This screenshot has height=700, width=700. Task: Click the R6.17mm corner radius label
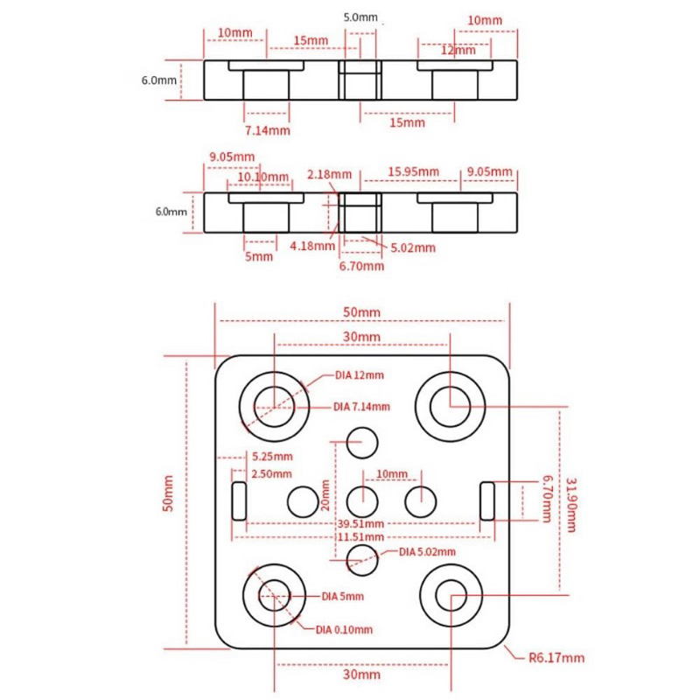[556, 658]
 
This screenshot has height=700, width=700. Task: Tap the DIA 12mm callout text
[360, 375]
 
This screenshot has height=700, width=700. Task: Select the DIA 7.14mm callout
[361, 407]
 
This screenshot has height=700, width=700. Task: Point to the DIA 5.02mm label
[427, 552]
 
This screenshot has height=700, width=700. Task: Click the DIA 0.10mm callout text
[344, 630]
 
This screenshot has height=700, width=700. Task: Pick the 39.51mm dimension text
[360, 523]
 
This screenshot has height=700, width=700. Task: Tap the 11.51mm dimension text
[360, 536]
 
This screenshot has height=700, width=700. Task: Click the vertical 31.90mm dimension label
[571, 505]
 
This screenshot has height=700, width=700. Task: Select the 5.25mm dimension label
[272, 456]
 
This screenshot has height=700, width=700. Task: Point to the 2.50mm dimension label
[271, 473]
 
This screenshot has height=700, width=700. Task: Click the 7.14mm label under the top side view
[268, 130]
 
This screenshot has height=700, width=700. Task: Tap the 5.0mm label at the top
[360, 17]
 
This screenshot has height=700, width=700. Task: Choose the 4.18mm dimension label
[312, 246]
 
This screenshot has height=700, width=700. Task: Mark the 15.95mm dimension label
[413, 171]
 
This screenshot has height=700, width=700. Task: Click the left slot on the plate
[239, 500]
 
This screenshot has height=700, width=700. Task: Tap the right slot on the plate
[487, 500]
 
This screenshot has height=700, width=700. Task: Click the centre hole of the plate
[362, 501]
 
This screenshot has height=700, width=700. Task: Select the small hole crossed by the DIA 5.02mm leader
[362, 560]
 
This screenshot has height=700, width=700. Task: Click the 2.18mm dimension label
[329, 174]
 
